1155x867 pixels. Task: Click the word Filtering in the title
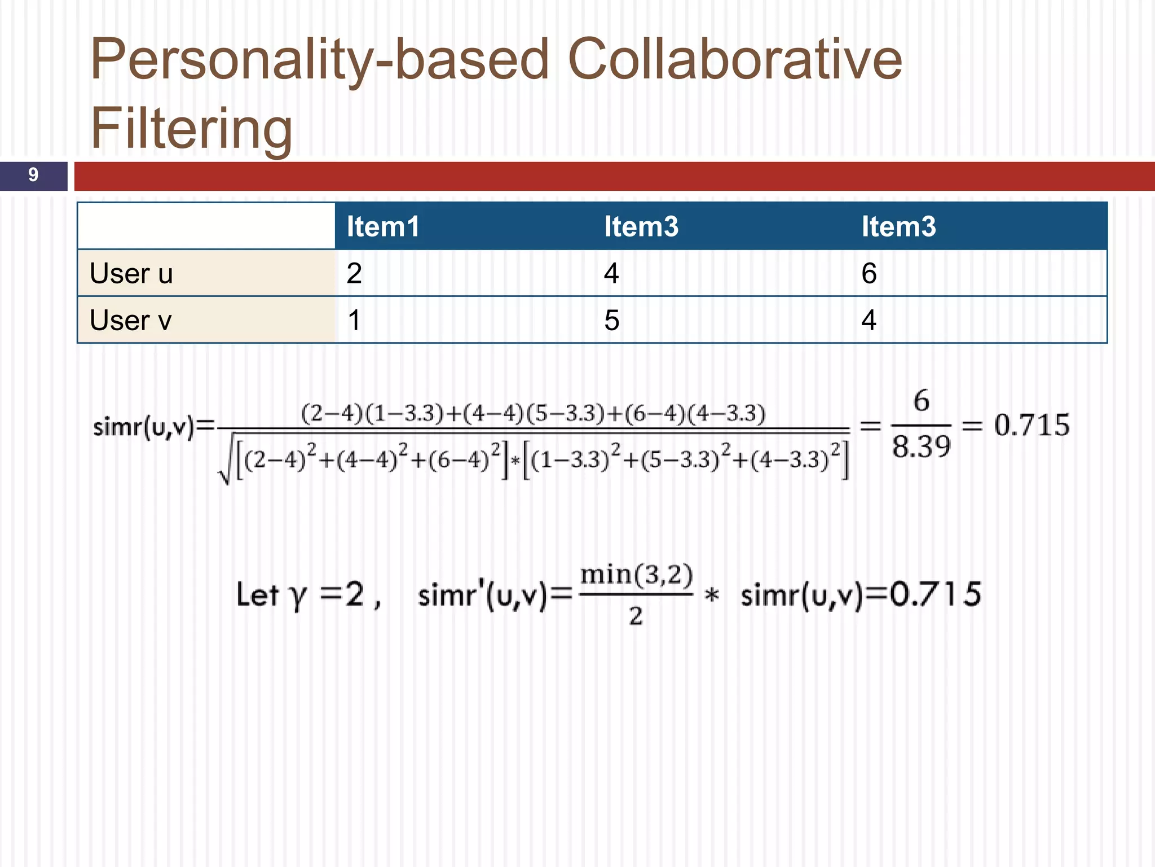pos(191,129)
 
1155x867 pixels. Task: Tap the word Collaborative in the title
pos(734,59)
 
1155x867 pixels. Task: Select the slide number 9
pos(33,175)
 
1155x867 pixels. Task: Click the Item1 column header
pos(383,226)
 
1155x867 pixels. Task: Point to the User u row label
pos(131,274)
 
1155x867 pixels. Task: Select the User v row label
pos(130,321)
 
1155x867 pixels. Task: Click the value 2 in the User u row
pos(354,274)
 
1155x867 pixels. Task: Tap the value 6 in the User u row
pos(869,274)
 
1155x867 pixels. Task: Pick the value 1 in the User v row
pos(354,321)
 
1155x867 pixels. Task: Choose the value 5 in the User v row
pos(612,321)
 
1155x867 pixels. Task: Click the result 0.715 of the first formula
pos(1031,425)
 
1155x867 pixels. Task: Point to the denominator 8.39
pos(921,446)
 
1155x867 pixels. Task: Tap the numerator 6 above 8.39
pos(921,401)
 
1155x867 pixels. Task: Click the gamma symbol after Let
pos(297,596)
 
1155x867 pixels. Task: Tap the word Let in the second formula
pos(257,594)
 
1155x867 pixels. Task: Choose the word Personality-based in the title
pos(319,59)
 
